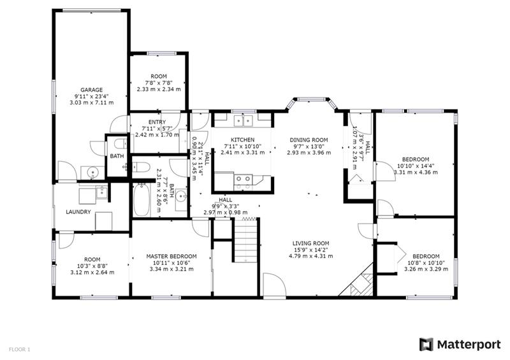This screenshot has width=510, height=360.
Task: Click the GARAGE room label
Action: (91, 90)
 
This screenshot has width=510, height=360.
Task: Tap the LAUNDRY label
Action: (78, 212)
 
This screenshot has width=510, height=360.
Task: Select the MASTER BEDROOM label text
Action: (171, 256)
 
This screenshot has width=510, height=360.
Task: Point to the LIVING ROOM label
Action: (310, 243)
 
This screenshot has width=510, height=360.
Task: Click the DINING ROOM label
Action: (309, 140)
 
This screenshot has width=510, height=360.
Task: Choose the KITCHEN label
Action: (243, 140)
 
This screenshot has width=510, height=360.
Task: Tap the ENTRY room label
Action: (157, 122)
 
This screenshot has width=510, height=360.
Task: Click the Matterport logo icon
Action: (426, 345)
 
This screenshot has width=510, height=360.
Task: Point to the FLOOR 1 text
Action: (19, 350)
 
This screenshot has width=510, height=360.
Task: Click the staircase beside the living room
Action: (245, 240)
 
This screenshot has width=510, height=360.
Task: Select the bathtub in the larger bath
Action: (142, 199)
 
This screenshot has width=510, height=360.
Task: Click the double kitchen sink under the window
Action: (244, 121)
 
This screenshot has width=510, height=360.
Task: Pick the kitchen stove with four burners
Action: (243, 182)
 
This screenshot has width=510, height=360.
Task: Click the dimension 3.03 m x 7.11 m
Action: (92, 103)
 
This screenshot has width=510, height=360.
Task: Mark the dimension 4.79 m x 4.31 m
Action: (310, 256)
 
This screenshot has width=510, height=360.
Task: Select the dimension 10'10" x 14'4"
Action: (416, 166)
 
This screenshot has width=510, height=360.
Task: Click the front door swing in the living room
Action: (275, 285)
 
